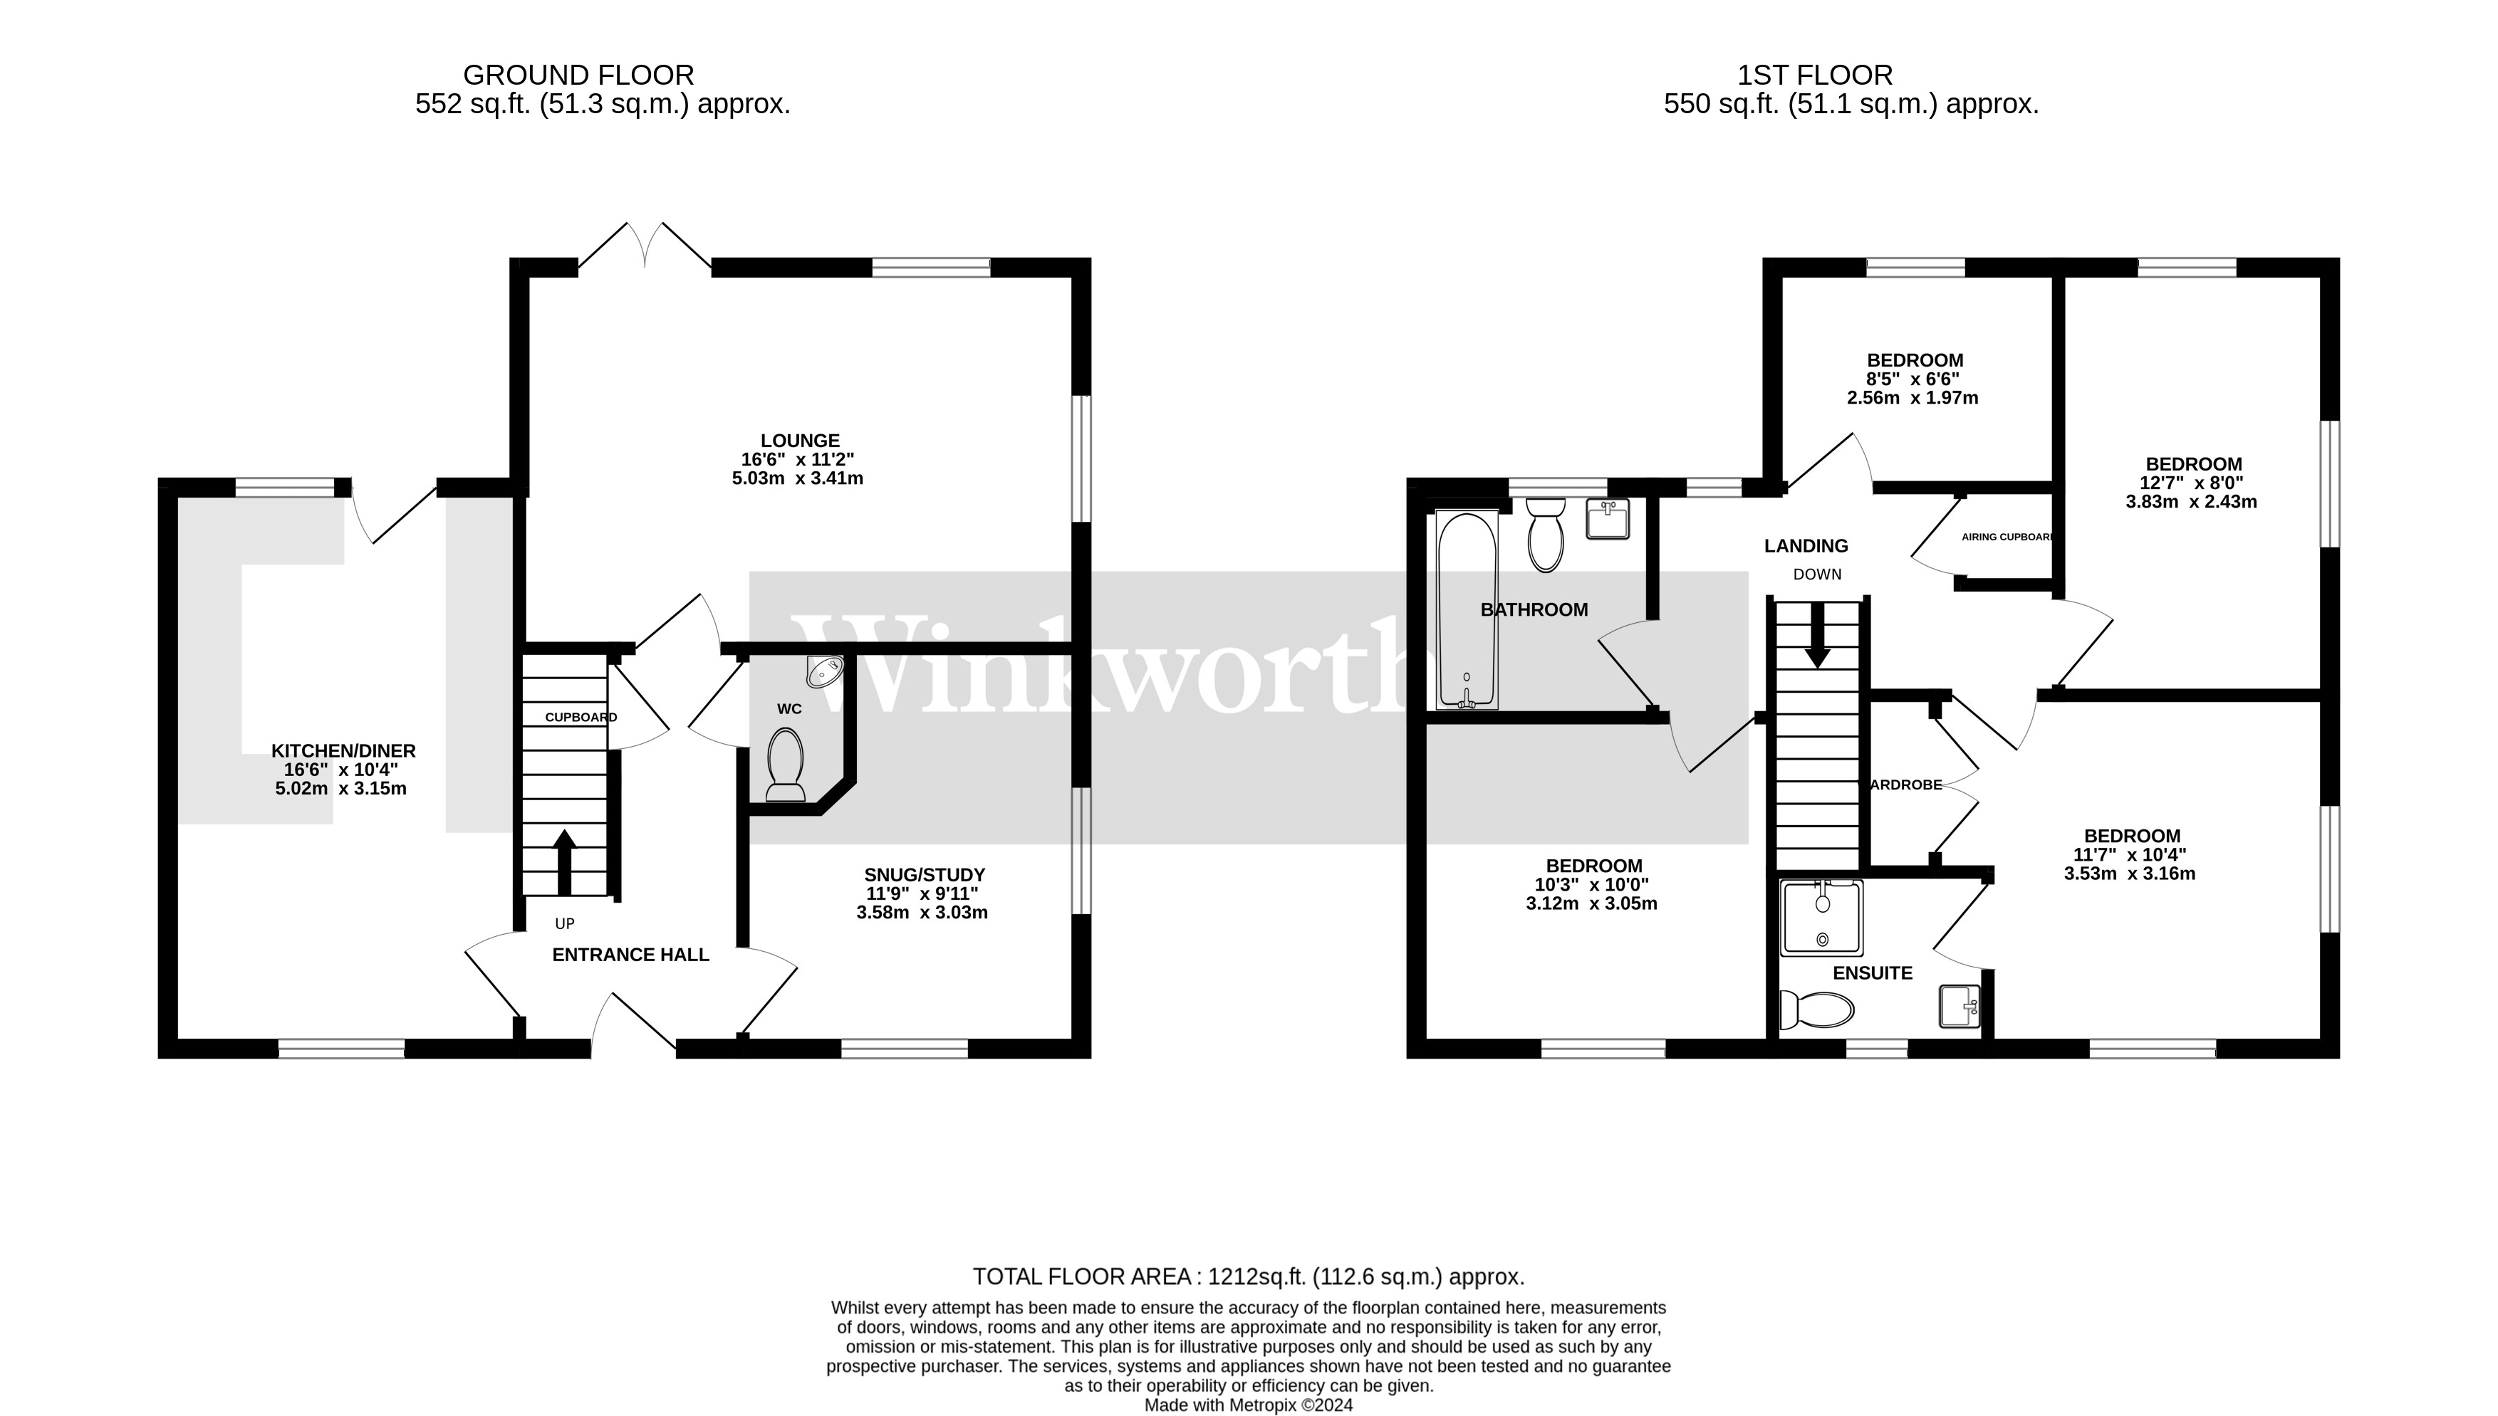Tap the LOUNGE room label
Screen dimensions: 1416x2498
[800, 441]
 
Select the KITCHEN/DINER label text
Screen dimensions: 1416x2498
[343, 751]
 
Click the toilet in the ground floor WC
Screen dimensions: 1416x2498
[785, 766]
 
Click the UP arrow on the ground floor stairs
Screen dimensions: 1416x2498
[564, 861]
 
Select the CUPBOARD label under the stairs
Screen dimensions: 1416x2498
[581, 718]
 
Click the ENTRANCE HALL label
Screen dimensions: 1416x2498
[630, 955]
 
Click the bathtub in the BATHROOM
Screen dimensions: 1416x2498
[1466, 610]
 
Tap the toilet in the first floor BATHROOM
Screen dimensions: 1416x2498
[1545, 535]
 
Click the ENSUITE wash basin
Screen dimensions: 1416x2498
[1959, 1006]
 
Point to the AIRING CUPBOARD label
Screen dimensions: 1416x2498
[2006, 537]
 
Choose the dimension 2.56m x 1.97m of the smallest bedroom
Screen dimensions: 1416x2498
[1912, 398]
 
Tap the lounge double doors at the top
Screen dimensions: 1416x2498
[645, 246]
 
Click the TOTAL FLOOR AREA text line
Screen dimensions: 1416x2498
[1248, 1277]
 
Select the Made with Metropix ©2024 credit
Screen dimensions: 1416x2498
[1248, 1405]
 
